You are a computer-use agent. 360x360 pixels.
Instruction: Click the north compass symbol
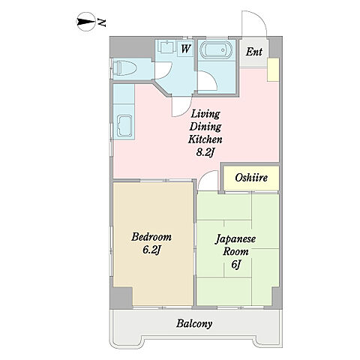(85, 22)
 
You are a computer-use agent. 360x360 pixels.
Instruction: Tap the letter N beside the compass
(102, 22)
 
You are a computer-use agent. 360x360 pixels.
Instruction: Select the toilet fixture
(124, 68)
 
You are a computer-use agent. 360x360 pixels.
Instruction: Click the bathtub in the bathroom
(214, 49)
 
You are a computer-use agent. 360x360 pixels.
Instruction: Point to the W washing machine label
(185, 49)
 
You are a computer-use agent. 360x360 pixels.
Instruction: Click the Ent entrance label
(253, 52)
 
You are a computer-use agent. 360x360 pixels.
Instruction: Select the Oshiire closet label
(251, 178)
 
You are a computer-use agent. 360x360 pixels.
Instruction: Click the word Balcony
(194, 324)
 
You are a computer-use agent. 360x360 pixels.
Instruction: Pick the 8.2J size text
(205, 153)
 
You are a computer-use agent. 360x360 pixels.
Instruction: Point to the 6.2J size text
(151, 250)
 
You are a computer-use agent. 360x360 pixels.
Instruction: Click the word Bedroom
(151, 237)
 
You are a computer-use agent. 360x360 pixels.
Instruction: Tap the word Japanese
(235, 238)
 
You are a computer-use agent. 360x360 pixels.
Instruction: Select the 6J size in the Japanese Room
(235, 264)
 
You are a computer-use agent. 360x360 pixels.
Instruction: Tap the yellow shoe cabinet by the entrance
(273, 70)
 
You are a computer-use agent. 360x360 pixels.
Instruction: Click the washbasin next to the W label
(166, 46)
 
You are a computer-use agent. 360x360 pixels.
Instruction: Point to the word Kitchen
(205, 139)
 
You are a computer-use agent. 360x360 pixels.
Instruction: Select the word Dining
(205, 127)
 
